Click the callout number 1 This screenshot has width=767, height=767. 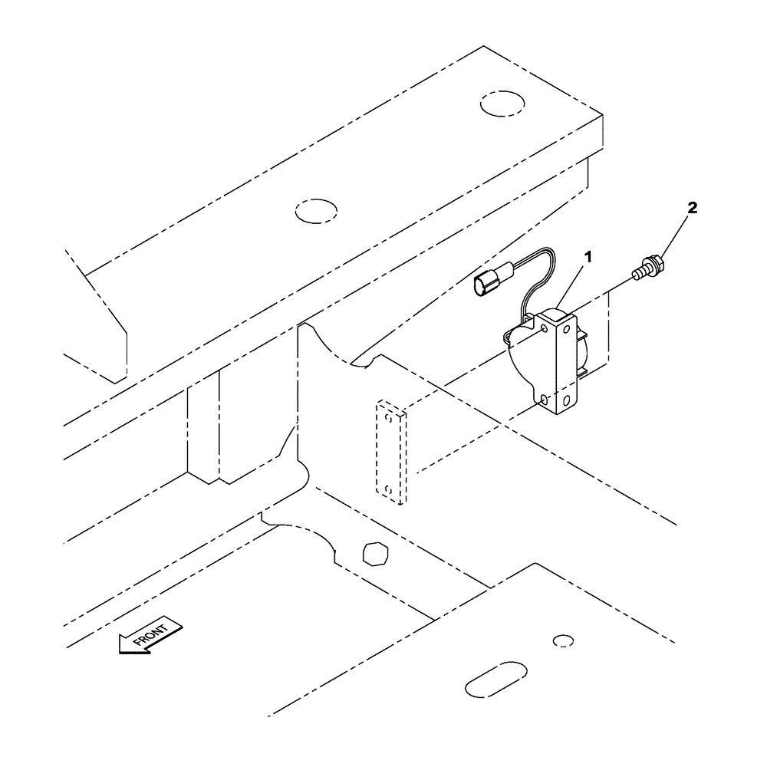tap(589, 258)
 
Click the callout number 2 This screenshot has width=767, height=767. tap(693, 208)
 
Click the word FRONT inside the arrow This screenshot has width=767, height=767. tap(150, 634)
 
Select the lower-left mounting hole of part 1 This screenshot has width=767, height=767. tap(542, 399)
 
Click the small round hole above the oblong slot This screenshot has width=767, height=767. tap(563, 640)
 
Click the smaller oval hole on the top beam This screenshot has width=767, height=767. tap(316, 210)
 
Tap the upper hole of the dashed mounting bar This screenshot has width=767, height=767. tap(389, 418)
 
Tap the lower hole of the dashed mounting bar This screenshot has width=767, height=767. tap(389, 489)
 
